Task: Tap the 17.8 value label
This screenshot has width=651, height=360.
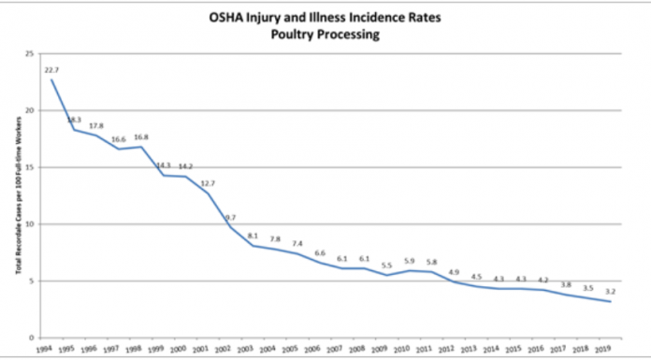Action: point(95,126)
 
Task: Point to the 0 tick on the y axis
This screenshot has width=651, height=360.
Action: point(30,338)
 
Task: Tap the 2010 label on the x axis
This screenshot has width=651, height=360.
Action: point(403,350)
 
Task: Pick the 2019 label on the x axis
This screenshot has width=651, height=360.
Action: point(605,350)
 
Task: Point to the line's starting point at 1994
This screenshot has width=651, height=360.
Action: point(51,79)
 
